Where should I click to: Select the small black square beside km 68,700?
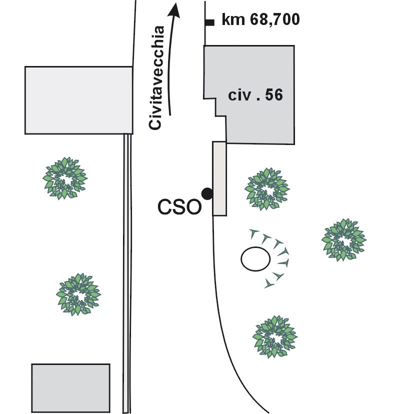point(210,22)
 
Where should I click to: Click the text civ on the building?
point(239,95)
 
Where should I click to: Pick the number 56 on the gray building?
point(274,95)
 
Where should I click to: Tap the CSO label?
point(178,207)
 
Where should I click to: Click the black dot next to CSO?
point(206,193)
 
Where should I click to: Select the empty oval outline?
point(255,259)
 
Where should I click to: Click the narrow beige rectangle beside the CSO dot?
point(219,178)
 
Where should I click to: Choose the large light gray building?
point(78,100)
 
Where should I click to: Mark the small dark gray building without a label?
point(70,388)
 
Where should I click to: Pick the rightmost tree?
point(342,239)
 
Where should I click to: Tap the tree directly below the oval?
point(274,336)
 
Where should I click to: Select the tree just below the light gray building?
point(63,177)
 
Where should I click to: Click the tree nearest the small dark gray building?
point(77,294)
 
